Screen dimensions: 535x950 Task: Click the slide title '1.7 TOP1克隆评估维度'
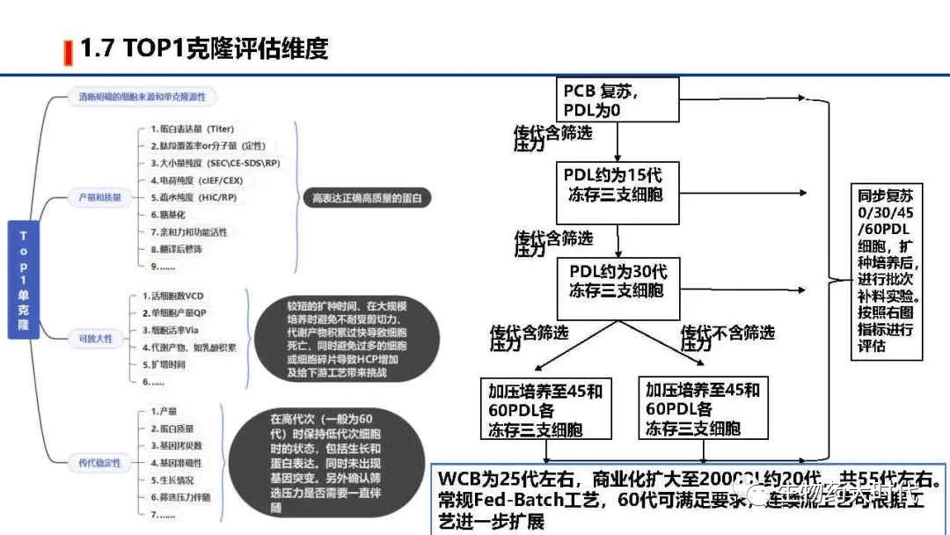click(204, 48)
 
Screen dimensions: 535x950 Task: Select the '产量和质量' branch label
click(95, 199)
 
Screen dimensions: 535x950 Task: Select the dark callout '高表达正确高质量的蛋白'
click(367, 199)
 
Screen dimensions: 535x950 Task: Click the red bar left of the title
click(68, 52)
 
